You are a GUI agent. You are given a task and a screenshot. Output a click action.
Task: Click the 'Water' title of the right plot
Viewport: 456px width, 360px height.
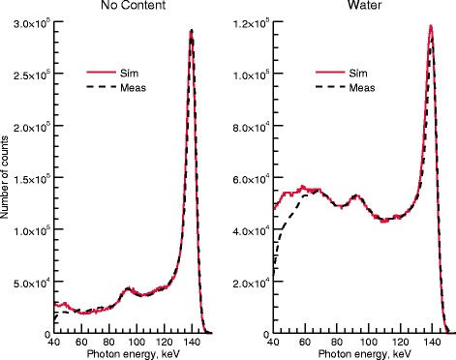(x=361, y=8)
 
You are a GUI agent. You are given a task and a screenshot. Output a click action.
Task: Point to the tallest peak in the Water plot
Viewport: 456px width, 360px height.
(x=430, y=27)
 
